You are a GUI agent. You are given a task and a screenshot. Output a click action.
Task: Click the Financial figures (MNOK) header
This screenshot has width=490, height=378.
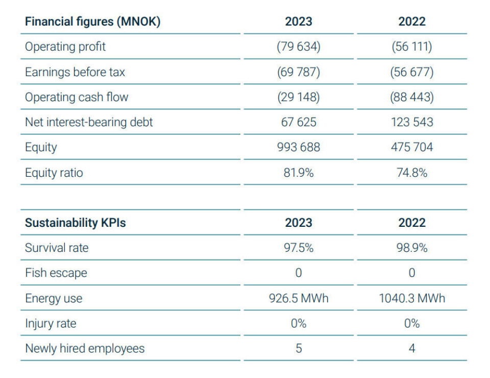click(x=92, y=21)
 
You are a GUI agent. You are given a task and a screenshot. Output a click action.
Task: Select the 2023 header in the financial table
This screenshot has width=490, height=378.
click(x=299, y=21)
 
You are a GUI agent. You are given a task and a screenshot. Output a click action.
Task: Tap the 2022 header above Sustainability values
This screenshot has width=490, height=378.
click(x=412, y=223)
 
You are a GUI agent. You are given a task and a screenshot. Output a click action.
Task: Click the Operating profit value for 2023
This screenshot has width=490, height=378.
click(x=299, y=46)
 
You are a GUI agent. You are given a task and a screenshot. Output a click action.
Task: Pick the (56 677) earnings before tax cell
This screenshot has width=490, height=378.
click(x=412, y=72)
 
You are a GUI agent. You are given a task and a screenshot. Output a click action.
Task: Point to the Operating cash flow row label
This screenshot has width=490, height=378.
click(x=77, y=97)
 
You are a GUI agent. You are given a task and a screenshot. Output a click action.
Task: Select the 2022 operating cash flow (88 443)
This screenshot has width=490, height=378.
click(x=412, y=97)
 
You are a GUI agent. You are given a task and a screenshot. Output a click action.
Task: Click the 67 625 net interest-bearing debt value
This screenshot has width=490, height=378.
click(x=299, y=122)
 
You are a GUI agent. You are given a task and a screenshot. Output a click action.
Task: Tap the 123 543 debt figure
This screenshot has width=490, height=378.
click(x=412, y=122)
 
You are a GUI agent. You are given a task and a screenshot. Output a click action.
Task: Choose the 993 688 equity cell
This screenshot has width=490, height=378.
click(x=299, y=147)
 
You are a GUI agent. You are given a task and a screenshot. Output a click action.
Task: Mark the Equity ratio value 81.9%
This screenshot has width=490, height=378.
click(x=299, y=173)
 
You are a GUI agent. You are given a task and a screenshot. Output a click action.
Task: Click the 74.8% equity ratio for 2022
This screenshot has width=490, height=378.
click(x=412, y=173)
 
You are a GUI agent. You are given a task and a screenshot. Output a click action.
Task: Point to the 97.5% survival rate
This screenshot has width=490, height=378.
click(x=299, y=248)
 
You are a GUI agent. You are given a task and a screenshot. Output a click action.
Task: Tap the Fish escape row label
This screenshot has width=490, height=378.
click(x=56, y=273)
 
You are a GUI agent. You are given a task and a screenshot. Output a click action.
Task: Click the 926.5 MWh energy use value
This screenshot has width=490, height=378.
click(x=299, y=298)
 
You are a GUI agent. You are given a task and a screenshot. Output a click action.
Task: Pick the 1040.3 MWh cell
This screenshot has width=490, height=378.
click(x=412, y=298)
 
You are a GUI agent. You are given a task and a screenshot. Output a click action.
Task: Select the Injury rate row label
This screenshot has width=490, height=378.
click(x=51, y=323)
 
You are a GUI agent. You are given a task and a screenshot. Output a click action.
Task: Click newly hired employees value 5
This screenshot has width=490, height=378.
click(x=299, y=348)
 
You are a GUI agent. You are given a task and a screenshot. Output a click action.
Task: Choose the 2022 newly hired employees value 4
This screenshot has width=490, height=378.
click(x=412, y=348)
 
